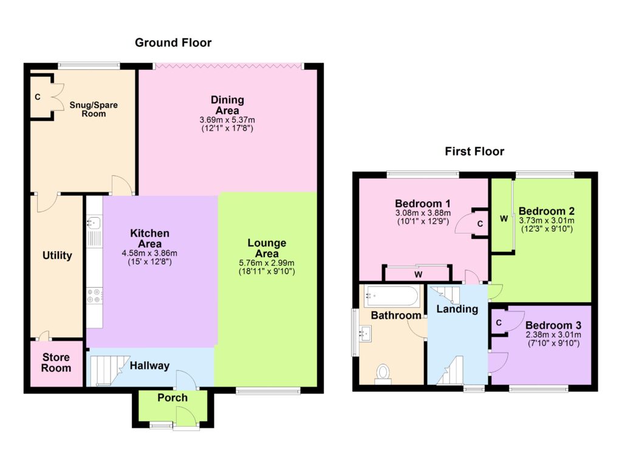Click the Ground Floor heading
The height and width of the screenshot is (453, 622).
pyautogui.click(x=173, y=43)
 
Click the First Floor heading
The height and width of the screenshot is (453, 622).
pyautogui.click(x=474, y=151)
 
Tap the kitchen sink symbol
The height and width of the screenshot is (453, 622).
pyautogui.click(x=94, y=223)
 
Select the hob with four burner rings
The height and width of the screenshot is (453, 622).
pyautogui.click(x=94, y=296)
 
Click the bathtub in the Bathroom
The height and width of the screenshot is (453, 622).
pyautogui.click(x=392, y=296)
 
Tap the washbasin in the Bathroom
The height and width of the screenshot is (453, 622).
pyautogui.click(x=365, y=333)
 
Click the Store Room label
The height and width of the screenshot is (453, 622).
pyautogui.click(x=56, y=362)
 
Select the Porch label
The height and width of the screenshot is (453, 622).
pyautogui.click(x=173, y=398)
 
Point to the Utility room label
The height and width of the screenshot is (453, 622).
pyautogui.click(x=57, y=255)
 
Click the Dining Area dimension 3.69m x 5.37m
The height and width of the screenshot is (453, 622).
pyautogui.click(x=227, y=120)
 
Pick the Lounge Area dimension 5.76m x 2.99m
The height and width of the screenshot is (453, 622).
pyautogui.click(x=267, y=263)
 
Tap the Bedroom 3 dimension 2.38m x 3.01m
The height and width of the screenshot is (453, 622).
pyautogui.click(x=553, y=334)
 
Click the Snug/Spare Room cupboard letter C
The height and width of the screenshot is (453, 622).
pyautogui.click(x=38, y=97)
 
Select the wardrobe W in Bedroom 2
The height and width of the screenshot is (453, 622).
pyautogui.click(x=504, y=218)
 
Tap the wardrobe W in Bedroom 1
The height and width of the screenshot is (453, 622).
pyautogui.click(x=419, y=274)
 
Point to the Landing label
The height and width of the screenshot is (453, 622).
pyautogui.click(x=457, y=309)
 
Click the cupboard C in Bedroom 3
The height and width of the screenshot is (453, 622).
pyautogui.click(x=499, y=323)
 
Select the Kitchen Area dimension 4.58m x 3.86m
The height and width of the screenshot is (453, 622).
pyautogui.click(x=149, y=253)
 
